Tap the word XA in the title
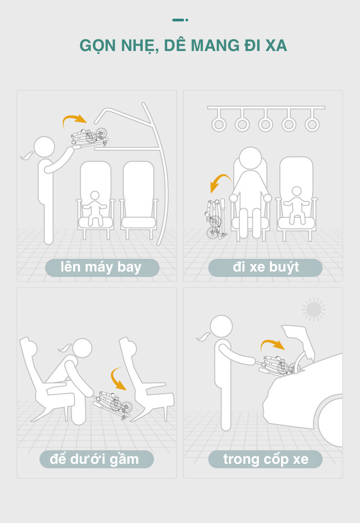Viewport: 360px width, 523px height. [x=276, y=46]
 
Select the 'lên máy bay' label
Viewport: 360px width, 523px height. [x=102, y=267]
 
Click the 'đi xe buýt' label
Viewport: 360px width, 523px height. [x=265, y=267]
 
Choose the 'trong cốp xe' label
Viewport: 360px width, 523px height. [x=265, y=459]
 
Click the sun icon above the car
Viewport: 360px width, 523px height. [x=314, y=309]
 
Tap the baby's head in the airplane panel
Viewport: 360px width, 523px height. [x=95, y=196]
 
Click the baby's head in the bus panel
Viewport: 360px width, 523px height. [x=296, y=191]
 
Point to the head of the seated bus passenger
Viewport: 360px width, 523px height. [x=251, y=159]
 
